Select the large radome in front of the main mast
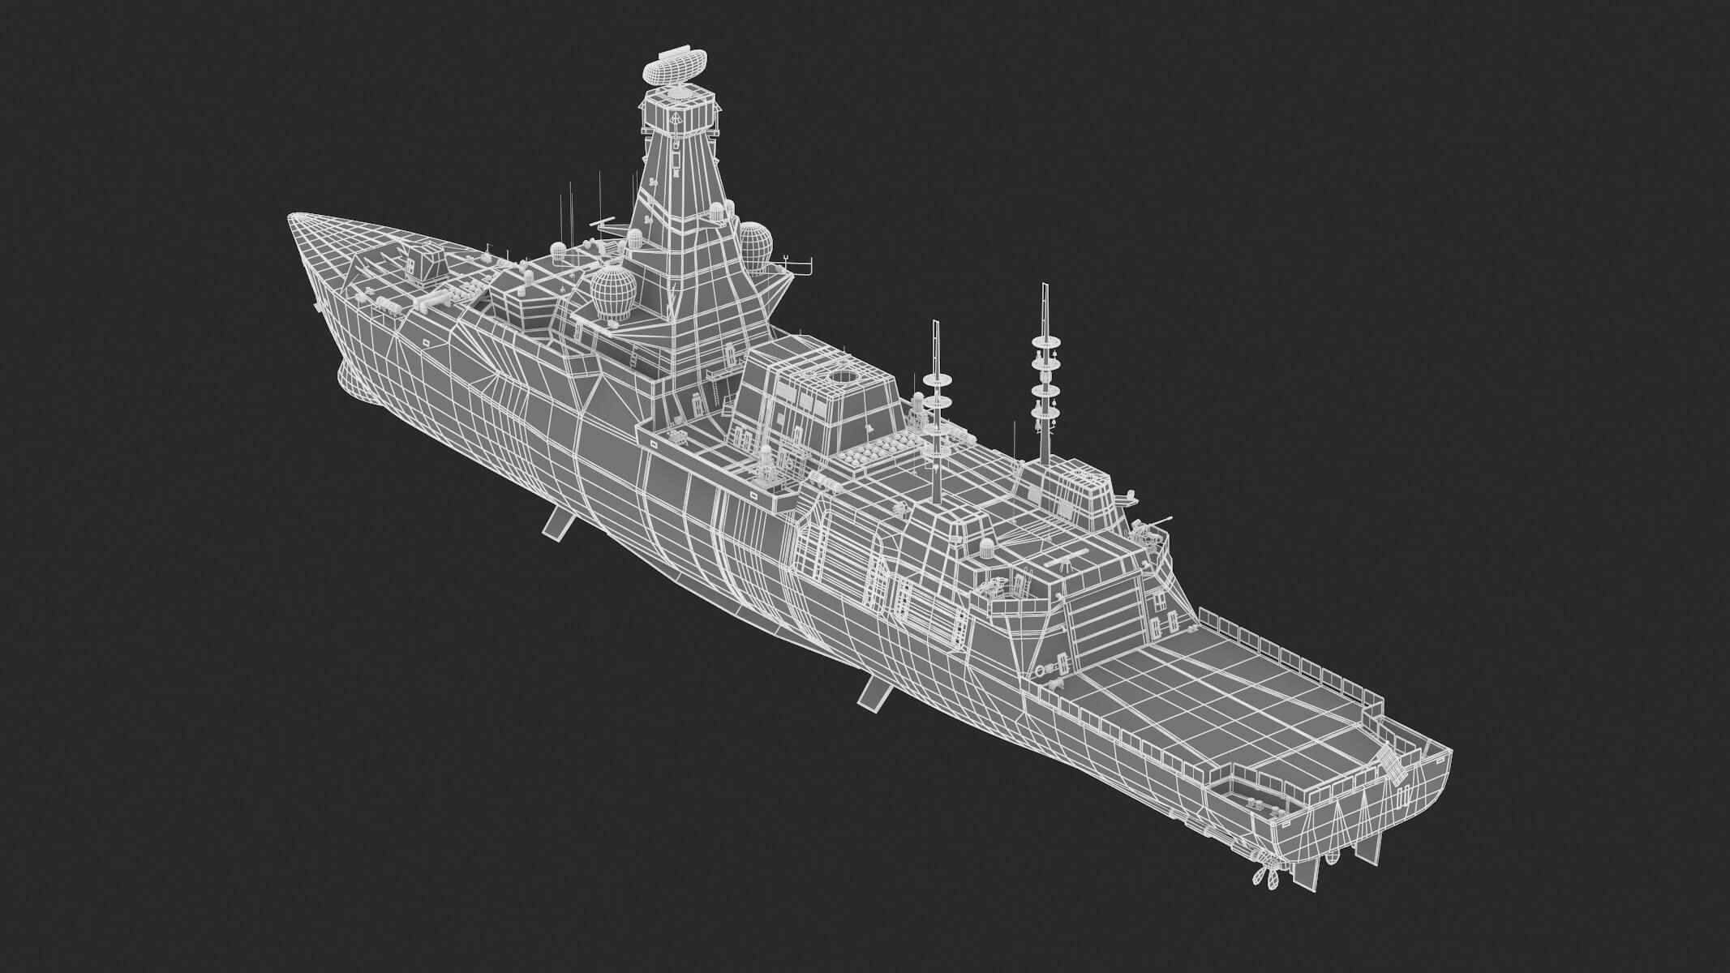point(612,291)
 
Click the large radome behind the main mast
point(754,246)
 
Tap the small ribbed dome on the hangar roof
point(986,547)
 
